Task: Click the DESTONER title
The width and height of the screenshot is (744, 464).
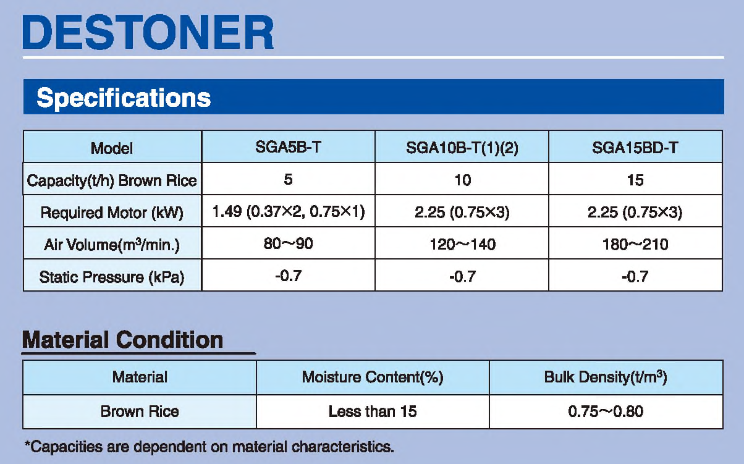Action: (x=148, y=32)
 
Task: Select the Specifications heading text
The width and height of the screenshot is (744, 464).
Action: (x=124, y=98)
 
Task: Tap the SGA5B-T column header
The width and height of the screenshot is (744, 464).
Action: (x=289, y=147)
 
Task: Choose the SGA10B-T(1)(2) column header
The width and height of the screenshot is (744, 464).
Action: (x=462, y=148)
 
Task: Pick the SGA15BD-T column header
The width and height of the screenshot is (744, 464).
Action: (x=635, y=148)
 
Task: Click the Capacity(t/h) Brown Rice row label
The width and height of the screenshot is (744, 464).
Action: (x=112, y=180)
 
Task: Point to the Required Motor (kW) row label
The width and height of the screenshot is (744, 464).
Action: (x=112, y=213)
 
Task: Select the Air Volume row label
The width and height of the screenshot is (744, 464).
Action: (x=112, y=245)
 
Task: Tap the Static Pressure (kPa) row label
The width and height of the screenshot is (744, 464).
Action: (x=112, y=277)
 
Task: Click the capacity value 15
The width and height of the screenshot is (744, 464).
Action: (x=635, y=180)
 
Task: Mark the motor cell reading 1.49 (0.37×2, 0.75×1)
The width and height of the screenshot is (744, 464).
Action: (x=289, y=211)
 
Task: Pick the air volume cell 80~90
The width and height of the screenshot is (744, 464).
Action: (x=289, y=243)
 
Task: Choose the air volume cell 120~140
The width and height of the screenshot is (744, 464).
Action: (x=462, y=245)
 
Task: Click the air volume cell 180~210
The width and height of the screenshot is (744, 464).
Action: (x=635, y=245)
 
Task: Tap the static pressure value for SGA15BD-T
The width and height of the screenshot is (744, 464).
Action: (x=635, y=276)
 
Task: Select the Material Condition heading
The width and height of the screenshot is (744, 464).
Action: (x=122, y=340)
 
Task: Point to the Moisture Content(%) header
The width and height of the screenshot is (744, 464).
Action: (x=373, y=378)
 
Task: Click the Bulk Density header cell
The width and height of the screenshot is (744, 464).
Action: (x=606, y=377)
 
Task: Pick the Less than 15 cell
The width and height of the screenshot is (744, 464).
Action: (x=373, y=411)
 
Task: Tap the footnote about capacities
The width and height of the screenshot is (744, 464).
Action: (x=209, y=447)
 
